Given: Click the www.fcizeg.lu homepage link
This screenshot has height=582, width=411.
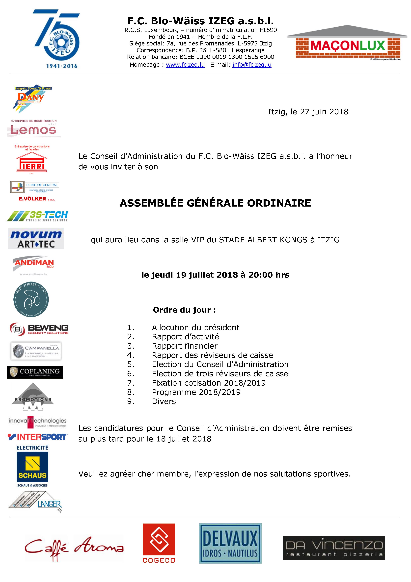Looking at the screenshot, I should click(185, 65).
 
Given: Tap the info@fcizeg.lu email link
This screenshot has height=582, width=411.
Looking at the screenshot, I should click(252, 65).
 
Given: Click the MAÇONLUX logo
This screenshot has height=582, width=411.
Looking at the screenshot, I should click(348, 43).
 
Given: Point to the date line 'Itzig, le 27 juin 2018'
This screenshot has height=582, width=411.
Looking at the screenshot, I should click(308, 112).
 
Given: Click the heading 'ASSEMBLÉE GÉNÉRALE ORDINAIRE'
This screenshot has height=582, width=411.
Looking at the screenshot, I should click(215, 203).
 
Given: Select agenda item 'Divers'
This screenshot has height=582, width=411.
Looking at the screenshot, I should click(164, 401).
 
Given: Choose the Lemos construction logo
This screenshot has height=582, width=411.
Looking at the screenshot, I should click(33, 129).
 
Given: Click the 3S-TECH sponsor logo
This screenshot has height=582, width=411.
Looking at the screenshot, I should click(37, 216).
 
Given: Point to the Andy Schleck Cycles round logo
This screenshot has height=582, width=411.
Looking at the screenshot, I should click(31, 299).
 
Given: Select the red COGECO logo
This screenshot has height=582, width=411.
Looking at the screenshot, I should click(159, 543).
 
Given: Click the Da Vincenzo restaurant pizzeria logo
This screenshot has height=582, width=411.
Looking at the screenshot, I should click(334, 548).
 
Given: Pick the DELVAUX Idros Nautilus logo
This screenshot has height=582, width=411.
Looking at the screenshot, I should click(230, 543).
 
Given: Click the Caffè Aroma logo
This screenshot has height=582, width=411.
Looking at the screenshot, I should click(74, 548).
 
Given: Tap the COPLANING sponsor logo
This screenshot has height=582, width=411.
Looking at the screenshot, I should click(35, 372).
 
